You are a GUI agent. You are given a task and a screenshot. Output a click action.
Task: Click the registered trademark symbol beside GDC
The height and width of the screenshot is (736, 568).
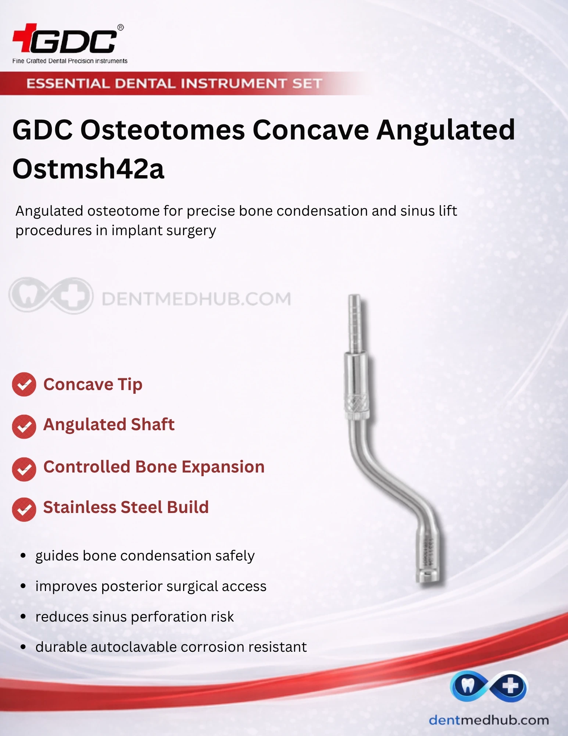pos(121,27)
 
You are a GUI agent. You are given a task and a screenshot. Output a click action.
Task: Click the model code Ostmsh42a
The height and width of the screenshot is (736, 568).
pos(88,168)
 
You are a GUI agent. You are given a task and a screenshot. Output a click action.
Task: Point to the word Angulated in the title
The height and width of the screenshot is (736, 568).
pos(446,131)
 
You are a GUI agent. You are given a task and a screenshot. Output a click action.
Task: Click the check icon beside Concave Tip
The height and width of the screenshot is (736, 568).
pos(24,385)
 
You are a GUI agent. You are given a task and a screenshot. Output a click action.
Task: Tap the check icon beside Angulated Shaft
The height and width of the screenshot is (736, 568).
pos(24,427)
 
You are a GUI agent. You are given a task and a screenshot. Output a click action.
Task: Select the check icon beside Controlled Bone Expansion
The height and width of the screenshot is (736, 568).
pos(24,469)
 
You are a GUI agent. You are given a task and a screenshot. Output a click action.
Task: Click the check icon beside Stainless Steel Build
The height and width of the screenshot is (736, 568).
pos(24,510)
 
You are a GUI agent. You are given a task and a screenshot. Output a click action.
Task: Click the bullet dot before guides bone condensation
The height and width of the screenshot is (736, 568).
pos(23,556)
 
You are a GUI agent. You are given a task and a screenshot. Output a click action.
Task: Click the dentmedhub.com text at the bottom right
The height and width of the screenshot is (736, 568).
pos(489,720)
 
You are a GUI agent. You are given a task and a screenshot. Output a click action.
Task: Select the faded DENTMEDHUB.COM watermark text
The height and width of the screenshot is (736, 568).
pos(196,299)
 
